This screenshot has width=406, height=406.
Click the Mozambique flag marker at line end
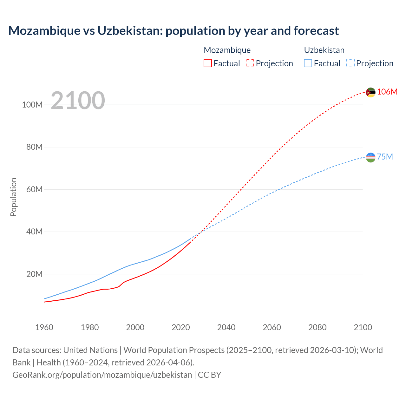pyautogui.click(x=370, y=92)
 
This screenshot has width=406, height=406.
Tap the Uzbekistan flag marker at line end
pyautogui.click(x=370, y=157)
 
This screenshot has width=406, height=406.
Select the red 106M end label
pyautogui.click(x=387, y=92)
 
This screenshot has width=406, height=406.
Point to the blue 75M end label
pyautogui.click(x=385, y=157)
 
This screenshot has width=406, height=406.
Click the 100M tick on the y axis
pyautogui.click(x=32, y=105)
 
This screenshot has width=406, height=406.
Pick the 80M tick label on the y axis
pyautogui.click(x=34, y=147)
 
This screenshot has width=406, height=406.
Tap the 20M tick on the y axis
pyautogui.click(x=34, y=274)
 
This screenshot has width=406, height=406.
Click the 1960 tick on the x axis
pyautogui.click(x=44, y=327)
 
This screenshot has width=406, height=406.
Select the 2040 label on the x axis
pyautogui.click(x=226, y=327)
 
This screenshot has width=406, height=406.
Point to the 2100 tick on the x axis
pyautogui.click(x=363, y=327)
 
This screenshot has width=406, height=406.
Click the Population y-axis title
pyautogui.click(x=13, y=197)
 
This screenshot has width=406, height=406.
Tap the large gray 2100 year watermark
pyautogui.click(x=78, y=101)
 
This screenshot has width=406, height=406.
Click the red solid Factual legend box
pyautogui.click(x=208, y=63)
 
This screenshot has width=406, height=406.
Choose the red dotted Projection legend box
pyautogui.click(x=250, y=63)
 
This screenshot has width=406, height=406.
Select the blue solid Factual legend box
pyautogui.click(x=308, y=63)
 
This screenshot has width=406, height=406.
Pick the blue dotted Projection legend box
pyautogui.click(x=350, y=63)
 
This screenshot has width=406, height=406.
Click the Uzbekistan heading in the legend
pyautogui.click(x=324, y=50)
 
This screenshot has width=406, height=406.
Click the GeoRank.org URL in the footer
pyautogui.click(x=102, y=375)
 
